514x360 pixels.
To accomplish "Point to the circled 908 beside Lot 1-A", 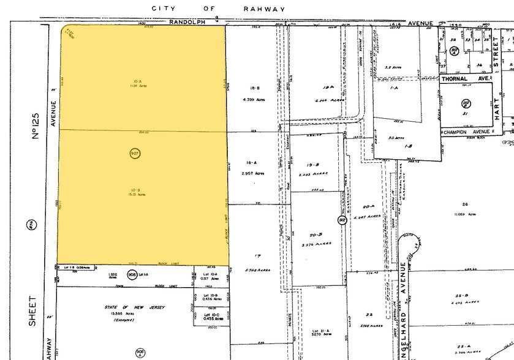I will [x=131, y=275].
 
